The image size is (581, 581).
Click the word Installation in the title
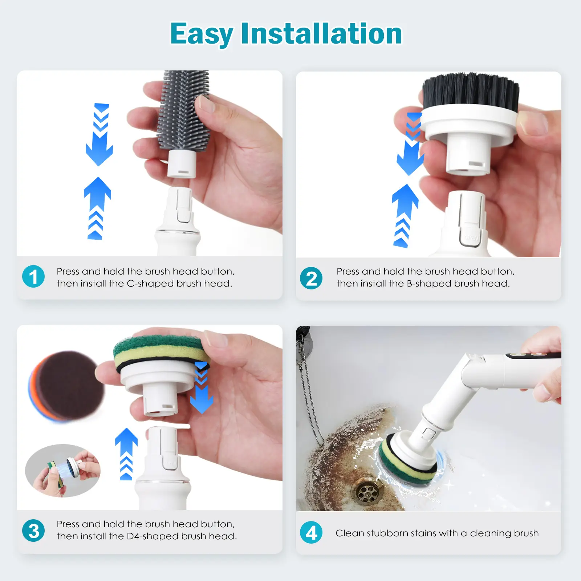321,33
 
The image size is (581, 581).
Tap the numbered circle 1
33,276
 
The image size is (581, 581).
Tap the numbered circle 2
311,278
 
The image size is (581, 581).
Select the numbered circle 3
33,531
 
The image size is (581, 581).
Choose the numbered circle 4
311,532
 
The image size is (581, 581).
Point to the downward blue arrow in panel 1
99,135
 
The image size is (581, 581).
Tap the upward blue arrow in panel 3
126,454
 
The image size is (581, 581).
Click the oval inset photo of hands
62,471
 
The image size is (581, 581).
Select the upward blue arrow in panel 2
405,216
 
